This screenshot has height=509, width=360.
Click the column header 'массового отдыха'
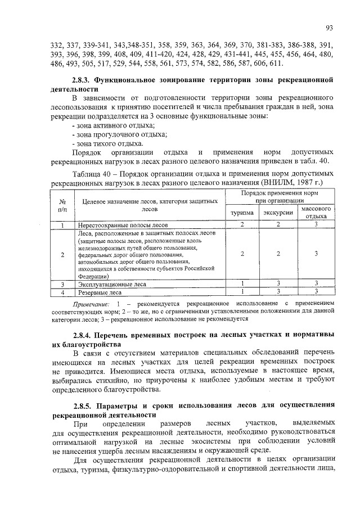tap(316, 212)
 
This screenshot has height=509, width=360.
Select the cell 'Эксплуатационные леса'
tap(112, 284)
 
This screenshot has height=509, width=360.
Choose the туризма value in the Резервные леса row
tap(241, 292)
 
